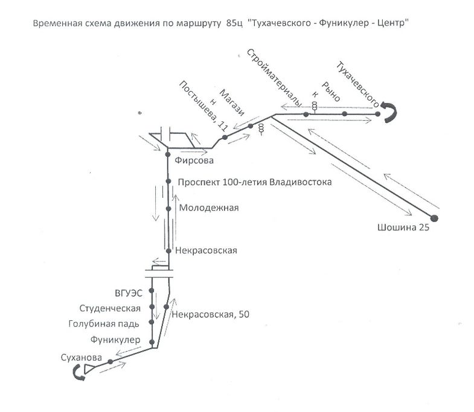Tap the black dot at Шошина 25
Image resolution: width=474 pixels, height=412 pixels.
(x=434, y=218)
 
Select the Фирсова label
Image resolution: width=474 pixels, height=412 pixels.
(x=194, y=161)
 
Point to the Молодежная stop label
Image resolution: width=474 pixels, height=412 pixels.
(x=209, y=208)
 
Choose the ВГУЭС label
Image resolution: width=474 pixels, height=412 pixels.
(x=129, y=293)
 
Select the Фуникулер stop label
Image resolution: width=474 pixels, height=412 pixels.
(x=115, y=340)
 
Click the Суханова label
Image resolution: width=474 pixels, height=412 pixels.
(x=80, y=357)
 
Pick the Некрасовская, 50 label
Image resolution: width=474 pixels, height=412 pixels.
(x=210, y=314)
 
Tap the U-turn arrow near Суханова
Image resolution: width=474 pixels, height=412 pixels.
(x=80, y=374)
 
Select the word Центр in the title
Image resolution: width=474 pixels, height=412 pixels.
(x=391, y=24)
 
